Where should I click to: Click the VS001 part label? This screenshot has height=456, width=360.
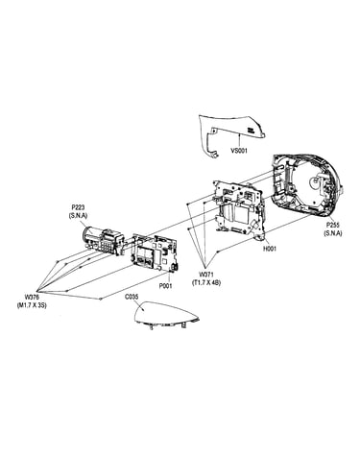point(239,150)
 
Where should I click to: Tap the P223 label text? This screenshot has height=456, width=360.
point(79,208)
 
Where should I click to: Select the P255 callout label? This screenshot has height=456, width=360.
point(333,226)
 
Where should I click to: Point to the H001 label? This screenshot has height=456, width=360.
point(270,249)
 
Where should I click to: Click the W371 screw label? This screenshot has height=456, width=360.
point(206,275)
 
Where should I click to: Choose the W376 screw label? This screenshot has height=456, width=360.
point(32,297)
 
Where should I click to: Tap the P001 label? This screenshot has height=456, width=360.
point(165,286)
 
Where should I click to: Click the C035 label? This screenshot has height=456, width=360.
point(132,297)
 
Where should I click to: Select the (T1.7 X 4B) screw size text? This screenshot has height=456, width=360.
point(206,283)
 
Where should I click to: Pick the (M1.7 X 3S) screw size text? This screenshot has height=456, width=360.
point(32,305)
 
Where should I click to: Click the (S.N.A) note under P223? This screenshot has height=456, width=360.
point(78,216)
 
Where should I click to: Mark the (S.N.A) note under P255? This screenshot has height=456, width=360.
point(333,233)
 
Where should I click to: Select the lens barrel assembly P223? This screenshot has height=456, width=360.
point(104,240)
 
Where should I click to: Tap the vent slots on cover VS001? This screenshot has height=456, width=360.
point(251,130)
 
